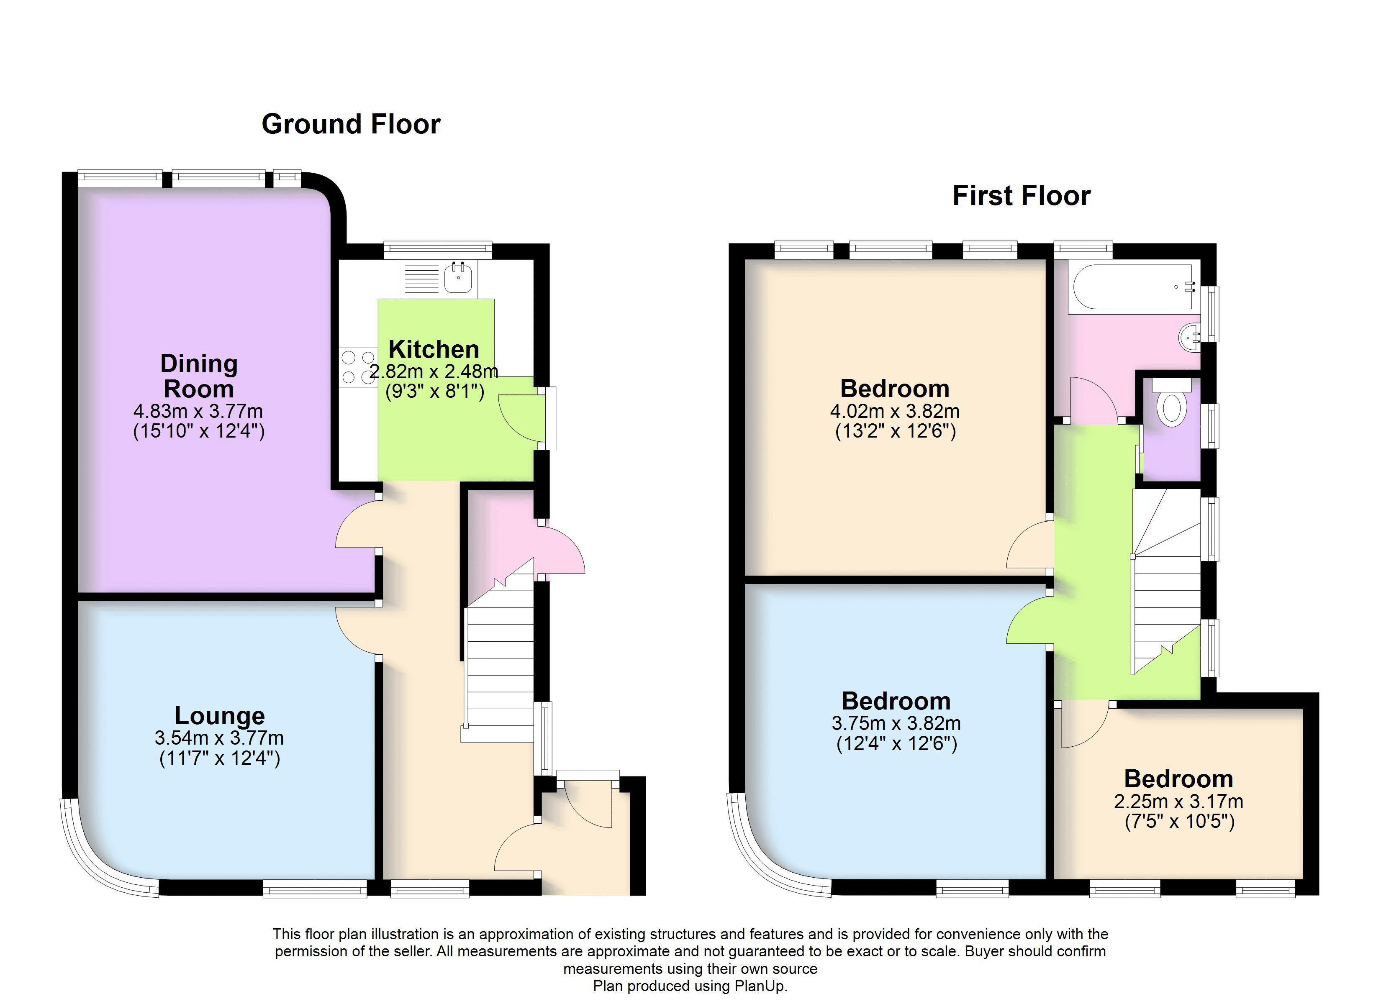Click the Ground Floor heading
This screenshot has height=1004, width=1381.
pos(351,124)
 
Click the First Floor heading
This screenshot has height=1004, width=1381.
pos(1021,196)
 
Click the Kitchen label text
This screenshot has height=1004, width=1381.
pos(434,349)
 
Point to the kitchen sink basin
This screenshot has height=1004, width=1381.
pos(458,279)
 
